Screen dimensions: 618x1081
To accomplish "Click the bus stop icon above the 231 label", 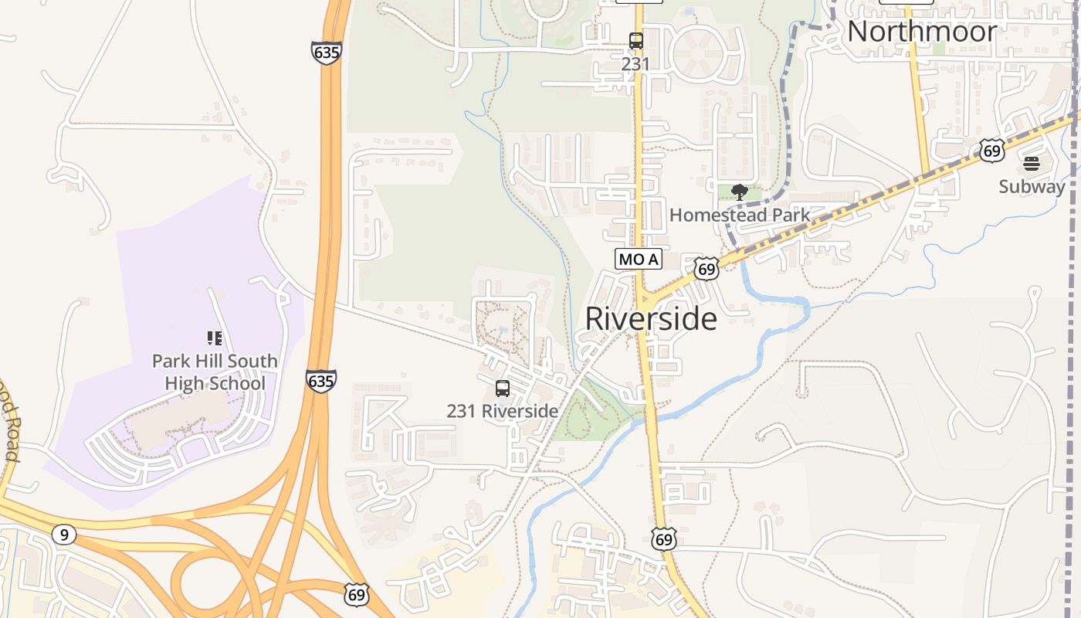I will [636, 41].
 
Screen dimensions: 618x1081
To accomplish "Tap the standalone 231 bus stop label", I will [635, 64].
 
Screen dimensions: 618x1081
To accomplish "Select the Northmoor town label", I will [922, 32].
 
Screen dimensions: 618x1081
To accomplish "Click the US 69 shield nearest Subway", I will [992, 151].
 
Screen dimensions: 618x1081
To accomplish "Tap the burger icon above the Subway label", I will [1032, 164].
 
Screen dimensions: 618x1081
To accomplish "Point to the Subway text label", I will [1032, 186].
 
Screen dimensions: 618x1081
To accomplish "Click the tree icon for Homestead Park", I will [740, 192].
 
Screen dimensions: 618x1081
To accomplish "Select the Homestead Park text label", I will [740, 215].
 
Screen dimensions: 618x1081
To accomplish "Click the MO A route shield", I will [639, 259].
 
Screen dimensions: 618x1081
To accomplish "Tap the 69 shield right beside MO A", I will [706, 268].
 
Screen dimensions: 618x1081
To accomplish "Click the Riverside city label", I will [651, 318].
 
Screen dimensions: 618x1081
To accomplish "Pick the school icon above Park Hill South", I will [214, 338].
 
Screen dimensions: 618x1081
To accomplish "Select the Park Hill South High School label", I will [215, 372].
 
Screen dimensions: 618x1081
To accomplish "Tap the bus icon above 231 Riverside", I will [503, 389].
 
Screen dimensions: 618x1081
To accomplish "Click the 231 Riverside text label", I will [502, 411].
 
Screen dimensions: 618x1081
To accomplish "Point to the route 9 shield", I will [65, 534].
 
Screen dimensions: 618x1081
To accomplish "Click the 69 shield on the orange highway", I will [356, 594].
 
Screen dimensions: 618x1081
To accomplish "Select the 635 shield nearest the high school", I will [320, 381].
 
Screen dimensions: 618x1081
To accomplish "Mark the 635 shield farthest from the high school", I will [327, 53].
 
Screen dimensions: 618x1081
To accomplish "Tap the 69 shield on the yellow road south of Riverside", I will [663, 538].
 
